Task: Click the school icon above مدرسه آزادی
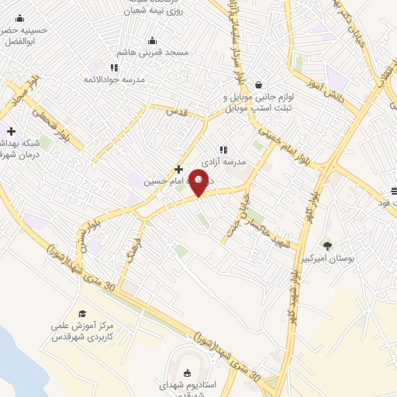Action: pyautogui.click(x=223, y=150)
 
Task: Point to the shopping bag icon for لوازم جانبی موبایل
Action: pyautogui.click(x=258, y=85)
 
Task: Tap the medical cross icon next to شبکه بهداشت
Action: pyautogui.click(x=11, y=131)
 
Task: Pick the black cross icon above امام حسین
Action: pyautogui.click(x=179, y=168)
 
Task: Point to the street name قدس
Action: pyautogui.click(x=177, y=111)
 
